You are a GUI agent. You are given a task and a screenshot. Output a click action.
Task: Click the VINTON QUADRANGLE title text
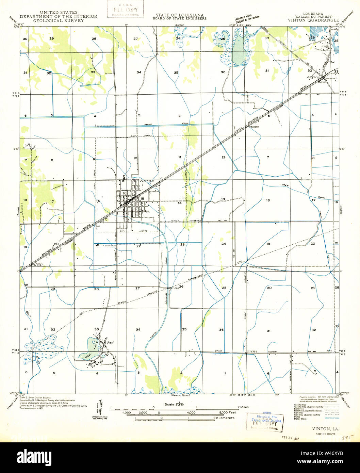click(313, 20)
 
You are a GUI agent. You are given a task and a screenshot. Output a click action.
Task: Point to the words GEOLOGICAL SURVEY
click(58, 20)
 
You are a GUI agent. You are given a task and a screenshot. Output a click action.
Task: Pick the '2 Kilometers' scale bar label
click(224, 418)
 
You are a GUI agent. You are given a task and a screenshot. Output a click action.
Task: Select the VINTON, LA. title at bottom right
click(325, 428)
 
